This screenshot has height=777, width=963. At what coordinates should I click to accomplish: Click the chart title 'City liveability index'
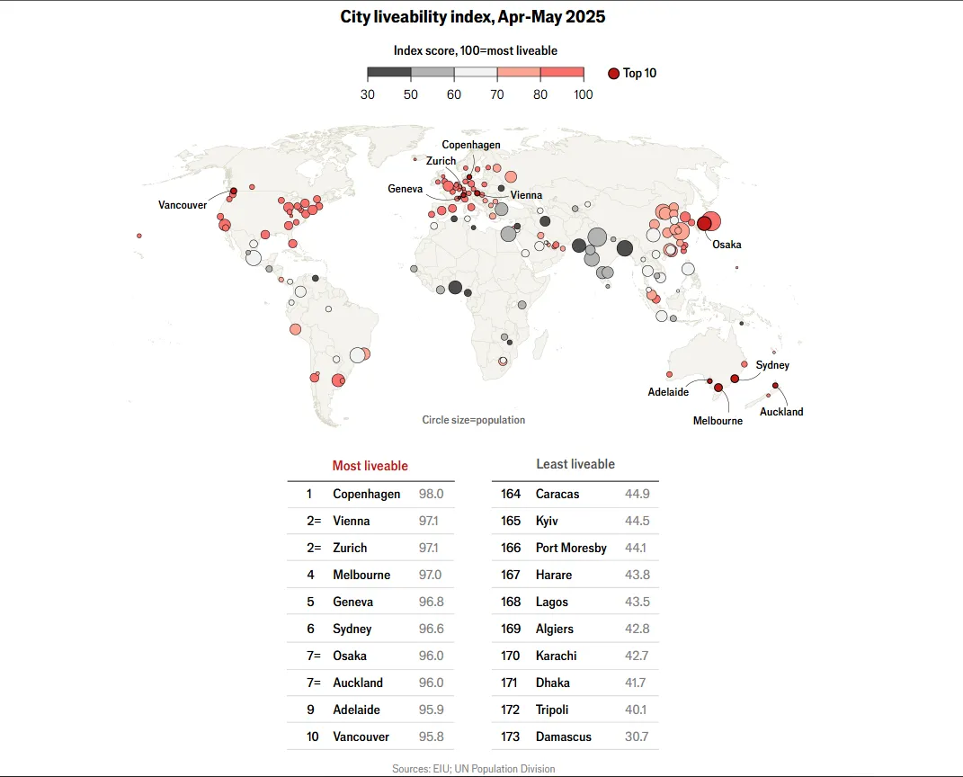click(472, 17)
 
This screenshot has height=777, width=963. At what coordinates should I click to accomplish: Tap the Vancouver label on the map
click(183, 205)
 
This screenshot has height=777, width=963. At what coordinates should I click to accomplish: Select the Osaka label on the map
click(727, 244)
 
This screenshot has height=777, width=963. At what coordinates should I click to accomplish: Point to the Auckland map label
click(781, 412)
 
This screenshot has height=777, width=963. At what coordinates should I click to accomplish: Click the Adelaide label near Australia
click(668, 392)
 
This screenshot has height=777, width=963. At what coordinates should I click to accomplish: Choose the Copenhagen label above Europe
click(471, 145)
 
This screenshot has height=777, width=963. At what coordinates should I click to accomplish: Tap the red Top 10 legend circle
click(613, 74)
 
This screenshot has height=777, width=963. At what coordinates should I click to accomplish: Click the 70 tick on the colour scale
click(497, 94)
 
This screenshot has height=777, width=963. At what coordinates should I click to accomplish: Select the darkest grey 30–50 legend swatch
click(389, 73)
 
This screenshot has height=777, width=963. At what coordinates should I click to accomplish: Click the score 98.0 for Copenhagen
click(431, 494)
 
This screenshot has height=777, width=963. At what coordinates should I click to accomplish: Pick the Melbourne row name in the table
click(361, 575)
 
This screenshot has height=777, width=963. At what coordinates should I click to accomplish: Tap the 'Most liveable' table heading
click(370, 466)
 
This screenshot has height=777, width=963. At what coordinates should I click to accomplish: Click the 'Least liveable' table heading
click(575, 464)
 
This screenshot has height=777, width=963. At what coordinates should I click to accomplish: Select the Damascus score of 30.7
click(637, 737)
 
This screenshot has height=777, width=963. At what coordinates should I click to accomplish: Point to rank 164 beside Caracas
click(511, 494)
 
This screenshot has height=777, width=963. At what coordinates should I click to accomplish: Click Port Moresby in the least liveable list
click(571, 548)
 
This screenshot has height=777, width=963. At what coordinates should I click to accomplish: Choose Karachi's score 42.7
click(637, 656)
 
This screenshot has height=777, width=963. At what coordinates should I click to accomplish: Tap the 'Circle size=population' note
click(473, 420)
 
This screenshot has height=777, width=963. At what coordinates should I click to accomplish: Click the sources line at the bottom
click(473, 769)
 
